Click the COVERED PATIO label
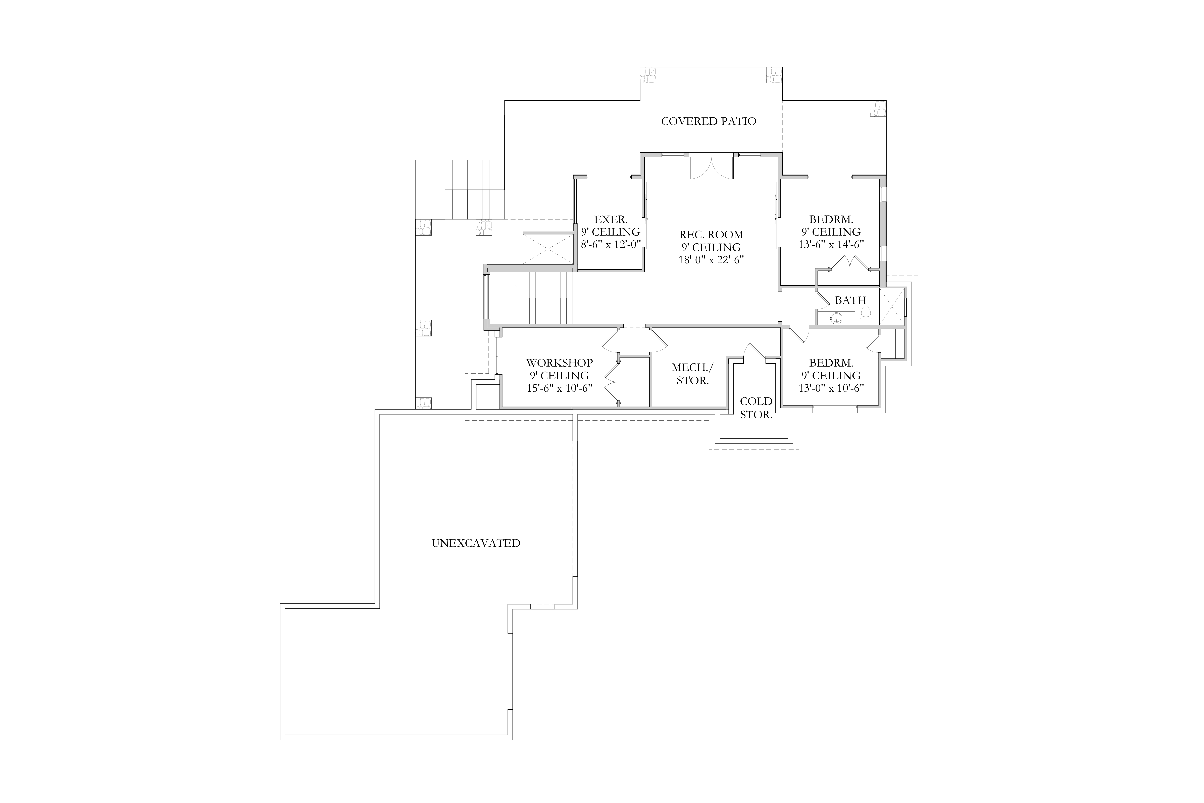click(x=709, y=121)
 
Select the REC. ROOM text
click(x=711, y=235)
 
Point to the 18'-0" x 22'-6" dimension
click(x=711, y=260)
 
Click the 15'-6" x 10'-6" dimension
click(x=560, y=388)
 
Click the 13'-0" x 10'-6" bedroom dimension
click(x=831, y=388)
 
